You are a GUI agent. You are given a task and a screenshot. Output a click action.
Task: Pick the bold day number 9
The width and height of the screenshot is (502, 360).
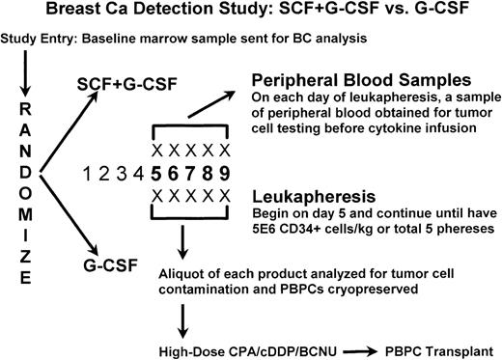(x=226, y=175)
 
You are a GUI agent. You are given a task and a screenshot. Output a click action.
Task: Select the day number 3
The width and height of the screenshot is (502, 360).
(x=119, y=175)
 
